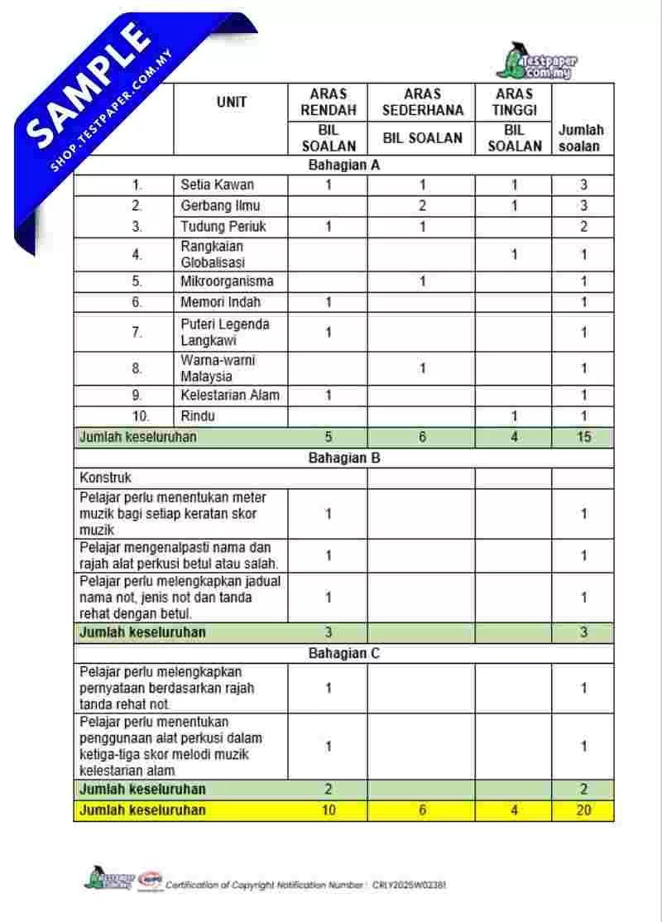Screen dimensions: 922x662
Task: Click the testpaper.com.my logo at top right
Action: point(537,61)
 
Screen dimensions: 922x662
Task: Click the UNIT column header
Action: point(231,103)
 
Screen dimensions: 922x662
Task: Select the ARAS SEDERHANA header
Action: point(422,102)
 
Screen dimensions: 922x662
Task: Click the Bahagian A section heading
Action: point(343,165)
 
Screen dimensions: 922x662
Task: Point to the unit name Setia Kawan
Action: point(218,185)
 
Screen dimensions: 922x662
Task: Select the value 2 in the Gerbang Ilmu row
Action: point(422,205)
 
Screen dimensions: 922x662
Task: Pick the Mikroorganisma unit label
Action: point(227,281)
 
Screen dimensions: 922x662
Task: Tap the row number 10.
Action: point(137,416)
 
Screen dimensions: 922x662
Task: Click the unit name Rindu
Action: point(198,416)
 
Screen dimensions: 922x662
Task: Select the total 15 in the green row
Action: point(583,437)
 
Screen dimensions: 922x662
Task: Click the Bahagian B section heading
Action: point(343,457)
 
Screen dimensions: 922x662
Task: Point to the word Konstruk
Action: point(105,478)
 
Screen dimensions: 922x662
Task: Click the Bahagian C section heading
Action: point(343,654)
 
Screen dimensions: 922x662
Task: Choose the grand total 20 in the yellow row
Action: point(583,810)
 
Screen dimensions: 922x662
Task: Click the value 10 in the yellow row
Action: point(329,810)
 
